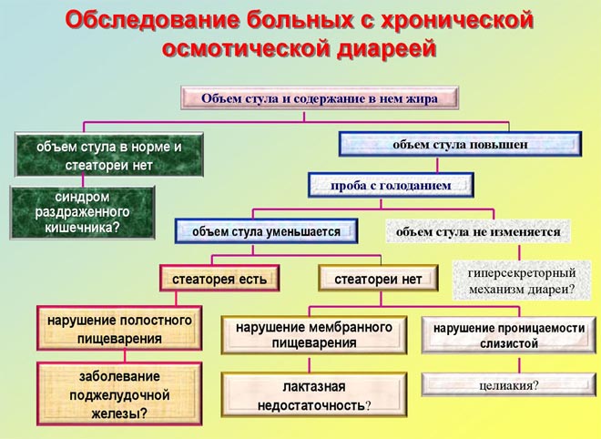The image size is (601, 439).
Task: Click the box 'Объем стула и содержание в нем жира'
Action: point(320,97)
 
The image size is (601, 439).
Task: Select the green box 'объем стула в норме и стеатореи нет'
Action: point(108,156)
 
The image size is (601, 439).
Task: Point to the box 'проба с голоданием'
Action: point(392,184)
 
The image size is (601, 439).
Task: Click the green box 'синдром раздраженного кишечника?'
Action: point(82,213)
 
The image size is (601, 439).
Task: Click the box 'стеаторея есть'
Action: point(219,279)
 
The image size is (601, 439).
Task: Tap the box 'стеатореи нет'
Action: point(378,279)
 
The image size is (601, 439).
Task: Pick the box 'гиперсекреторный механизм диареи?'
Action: point(521,281)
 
